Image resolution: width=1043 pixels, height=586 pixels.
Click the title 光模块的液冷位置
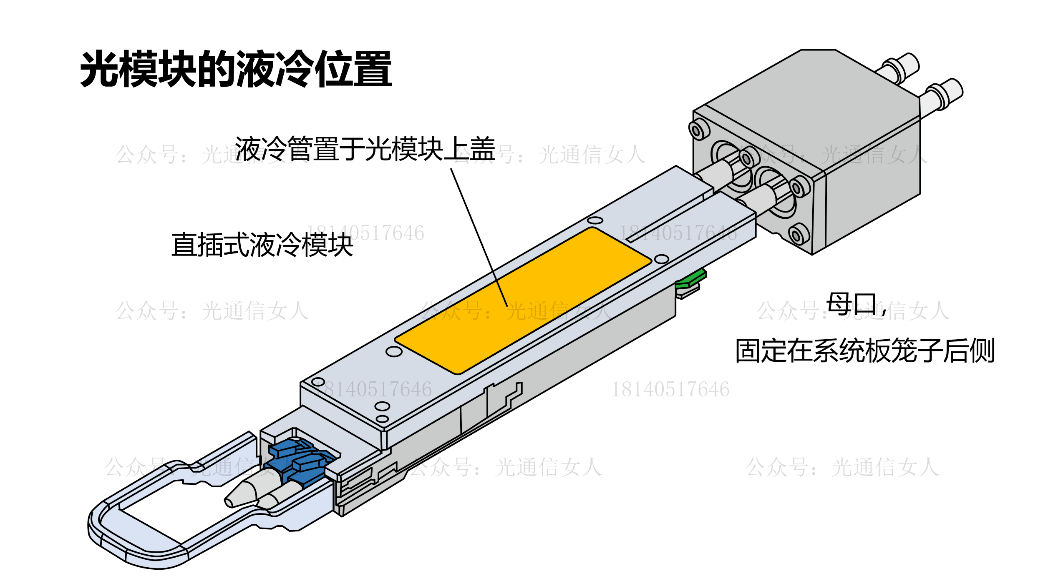(236, 69)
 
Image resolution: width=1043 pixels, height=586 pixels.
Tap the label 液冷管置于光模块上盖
(365, 149)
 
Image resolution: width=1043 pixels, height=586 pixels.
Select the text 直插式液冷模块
(262, 245)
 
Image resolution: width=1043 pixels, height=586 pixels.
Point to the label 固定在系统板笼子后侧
(865, 351)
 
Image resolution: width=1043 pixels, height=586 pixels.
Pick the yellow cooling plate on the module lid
(523, 301)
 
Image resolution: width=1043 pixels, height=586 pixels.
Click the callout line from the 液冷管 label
(479, 238)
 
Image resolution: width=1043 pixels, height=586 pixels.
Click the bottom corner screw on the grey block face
(799, 235)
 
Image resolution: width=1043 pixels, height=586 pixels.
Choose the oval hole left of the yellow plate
(394, 352)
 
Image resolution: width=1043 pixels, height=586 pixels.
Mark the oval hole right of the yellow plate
(662, 259)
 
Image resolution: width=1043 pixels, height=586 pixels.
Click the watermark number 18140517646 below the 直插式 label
(365, 233)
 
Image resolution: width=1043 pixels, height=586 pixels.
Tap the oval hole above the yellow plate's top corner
(595, 220)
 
